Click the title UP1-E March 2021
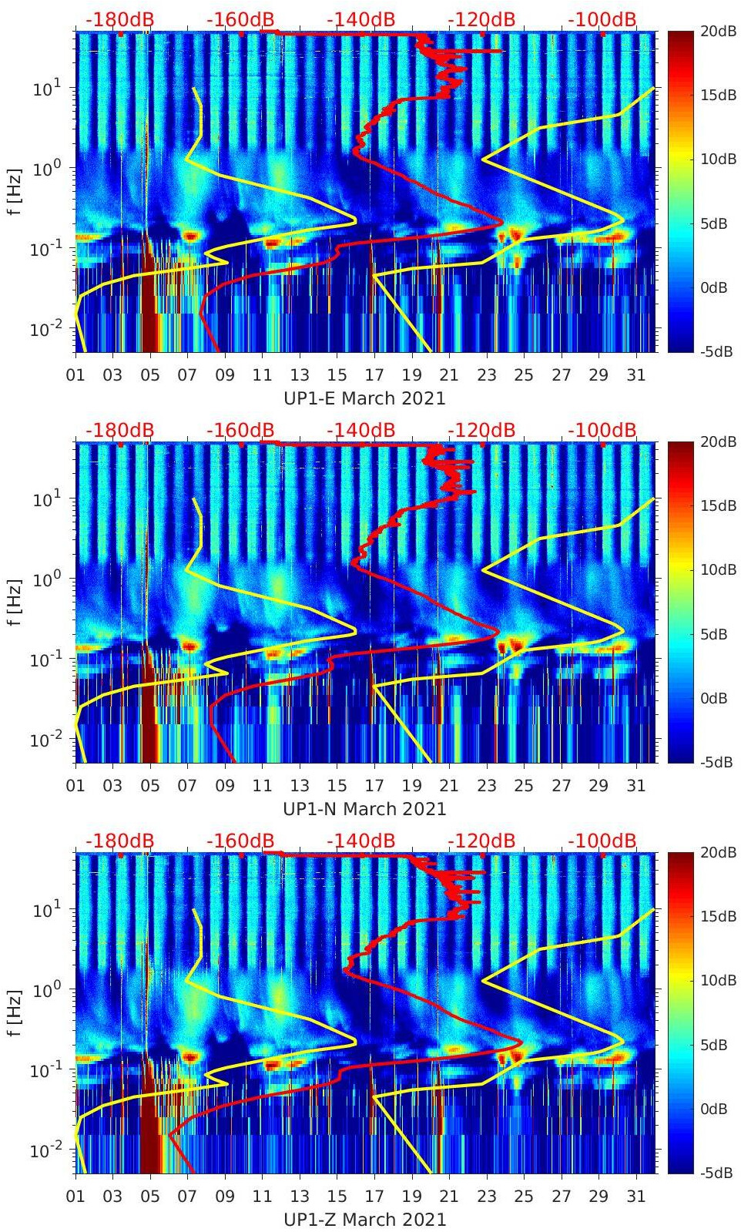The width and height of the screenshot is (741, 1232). coord(364,398)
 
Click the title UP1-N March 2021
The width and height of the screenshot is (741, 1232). coord(364,809)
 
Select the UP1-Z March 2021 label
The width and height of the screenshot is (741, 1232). coord(364,1220)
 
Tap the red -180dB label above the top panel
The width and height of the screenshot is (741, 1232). coord(119,19)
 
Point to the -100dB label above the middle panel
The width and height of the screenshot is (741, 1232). coord(602,430)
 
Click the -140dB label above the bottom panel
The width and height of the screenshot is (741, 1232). coord(360,841)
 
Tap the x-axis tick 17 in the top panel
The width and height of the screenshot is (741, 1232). coord(374,375)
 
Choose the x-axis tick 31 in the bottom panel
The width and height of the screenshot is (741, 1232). coord(635,1197)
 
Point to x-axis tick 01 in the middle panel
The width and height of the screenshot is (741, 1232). coord(75,786)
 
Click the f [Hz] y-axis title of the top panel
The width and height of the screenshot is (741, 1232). coord(15,190)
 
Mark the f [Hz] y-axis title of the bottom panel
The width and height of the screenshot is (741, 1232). coord(15,1012)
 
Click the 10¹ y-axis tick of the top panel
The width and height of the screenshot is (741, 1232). coord(48,89)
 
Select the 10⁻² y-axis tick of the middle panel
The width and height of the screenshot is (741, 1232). coord(46,740)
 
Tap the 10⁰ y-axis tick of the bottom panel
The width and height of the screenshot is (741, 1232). coord(48,989)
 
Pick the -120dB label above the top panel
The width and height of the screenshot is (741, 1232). coord(481,19)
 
